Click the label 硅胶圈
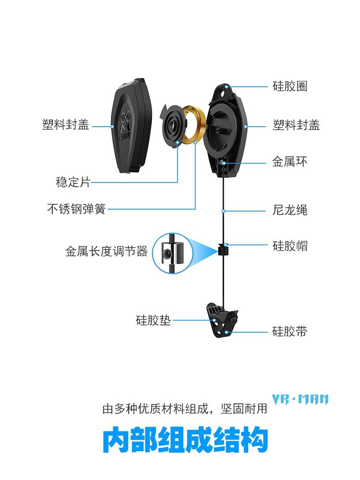[x=289, y=86]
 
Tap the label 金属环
[x=289, y=162]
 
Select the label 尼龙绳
[x=289, y=210]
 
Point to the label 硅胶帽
[x=289, y=246]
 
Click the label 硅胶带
[x=289, y=331]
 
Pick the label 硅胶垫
[x=153, y=320]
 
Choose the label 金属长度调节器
[x=106, y=251]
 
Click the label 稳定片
[x=73, y=182]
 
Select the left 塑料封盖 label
[x=66, y=126]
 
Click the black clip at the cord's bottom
[x=223, y=318]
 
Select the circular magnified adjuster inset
[x=172, y=252]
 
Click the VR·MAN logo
[x=300, y=399]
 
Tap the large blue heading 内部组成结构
[x=185, y=440]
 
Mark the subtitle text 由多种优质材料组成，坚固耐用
[x=185, y=409]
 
